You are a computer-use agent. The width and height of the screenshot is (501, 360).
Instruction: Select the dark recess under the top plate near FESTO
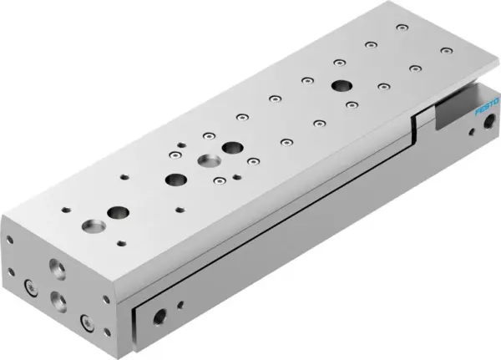pyautogui.click(x=455, y=106)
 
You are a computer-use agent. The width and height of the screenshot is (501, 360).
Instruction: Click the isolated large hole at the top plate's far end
pyautogui.click(x=342, y=85)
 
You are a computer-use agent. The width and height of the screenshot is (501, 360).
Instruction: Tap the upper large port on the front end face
pyautogui.click(x=57, y=269)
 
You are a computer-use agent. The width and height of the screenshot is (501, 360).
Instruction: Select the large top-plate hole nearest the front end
pyautogui.click(x=89, y=226)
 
